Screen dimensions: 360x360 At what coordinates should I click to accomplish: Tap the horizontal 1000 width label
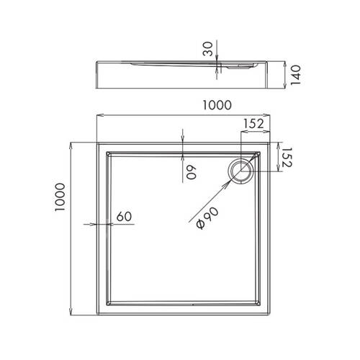216,104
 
